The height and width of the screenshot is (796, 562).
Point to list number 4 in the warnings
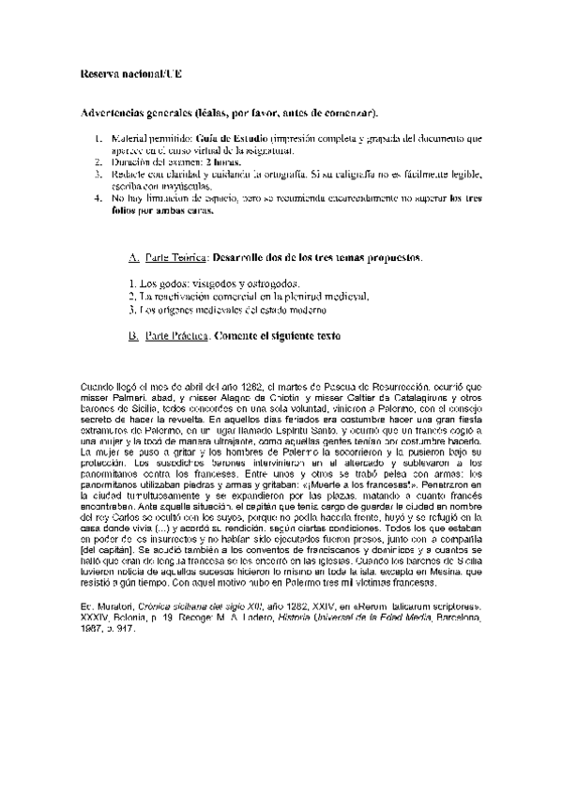click(100, 198)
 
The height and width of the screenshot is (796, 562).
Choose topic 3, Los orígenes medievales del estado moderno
click(228, 309)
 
